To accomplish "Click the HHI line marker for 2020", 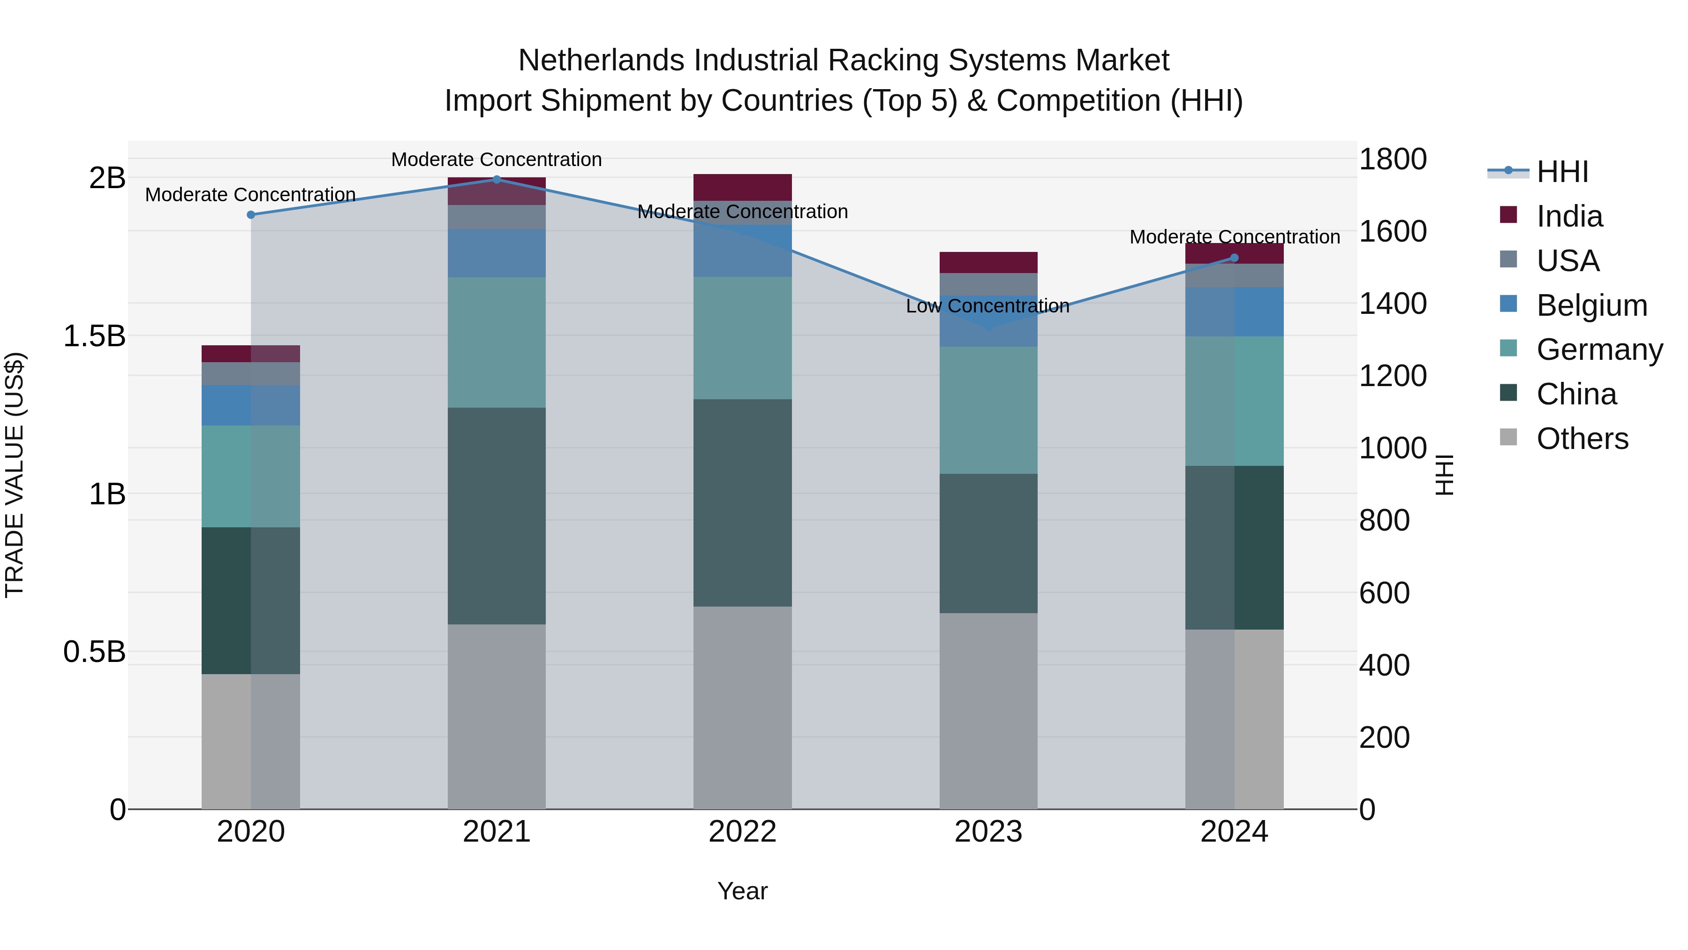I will (250, 214).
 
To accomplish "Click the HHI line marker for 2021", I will (496, 179).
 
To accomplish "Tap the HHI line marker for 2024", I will (1234, 258).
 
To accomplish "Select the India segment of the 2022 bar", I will (742, 188).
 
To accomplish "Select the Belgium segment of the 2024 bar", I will (1234, 312).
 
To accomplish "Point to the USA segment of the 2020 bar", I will (250, 374).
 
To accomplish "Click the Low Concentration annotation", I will (987, 306).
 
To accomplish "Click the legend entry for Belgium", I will (1591, 305).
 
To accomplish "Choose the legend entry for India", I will (1569, 216).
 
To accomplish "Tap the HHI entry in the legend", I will (1562, 172).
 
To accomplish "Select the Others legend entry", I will (1582, 439).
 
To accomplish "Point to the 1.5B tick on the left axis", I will (94, 336).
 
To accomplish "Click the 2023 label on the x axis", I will (988, 832).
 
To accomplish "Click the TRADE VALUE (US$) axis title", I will (15, 475).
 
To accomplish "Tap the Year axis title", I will (742, 891).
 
